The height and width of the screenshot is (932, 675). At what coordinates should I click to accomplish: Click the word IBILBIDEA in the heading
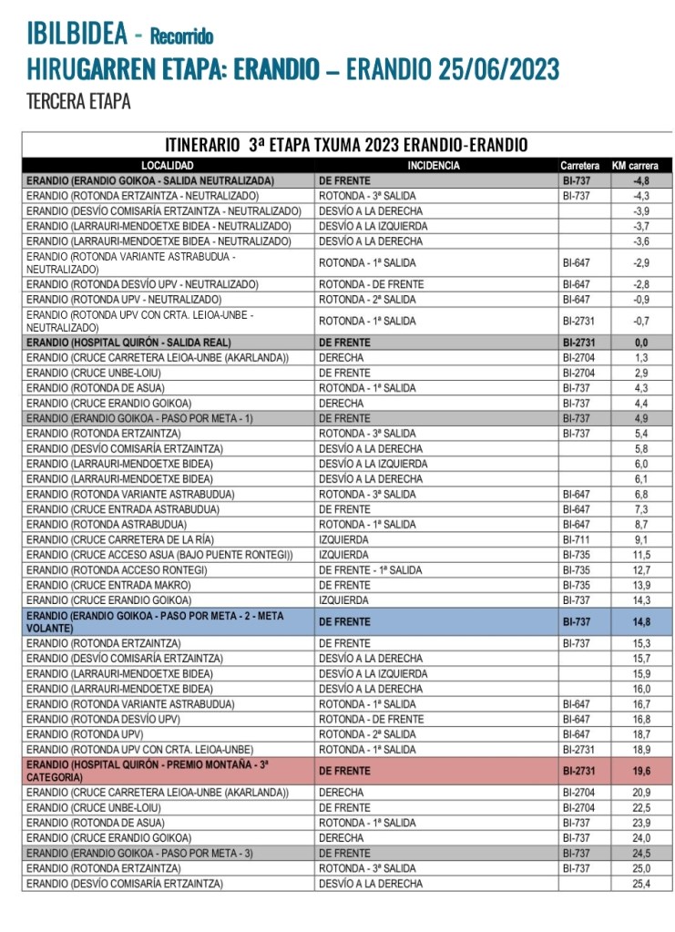[x=76, y=35]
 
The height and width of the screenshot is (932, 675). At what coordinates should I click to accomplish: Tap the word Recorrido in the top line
[x=181, y=37]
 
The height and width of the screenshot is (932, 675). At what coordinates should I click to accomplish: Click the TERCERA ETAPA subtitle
[x=78, y=101]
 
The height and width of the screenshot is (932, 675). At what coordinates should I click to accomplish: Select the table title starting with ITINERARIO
[x=346, y=145]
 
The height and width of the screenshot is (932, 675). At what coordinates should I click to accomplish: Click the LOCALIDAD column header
[x=169, y=166]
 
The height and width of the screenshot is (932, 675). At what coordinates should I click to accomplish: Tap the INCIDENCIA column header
[x=434, y=166]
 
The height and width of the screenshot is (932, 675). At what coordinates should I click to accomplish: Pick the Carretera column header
[x=580, y=166]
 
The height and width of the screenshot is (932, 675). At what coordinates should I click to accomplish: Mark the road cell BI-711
[x=577, y=538]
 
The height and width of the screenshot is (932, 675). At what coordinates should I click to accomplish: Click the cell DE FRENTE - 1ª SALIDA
[x=370, y=569]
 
